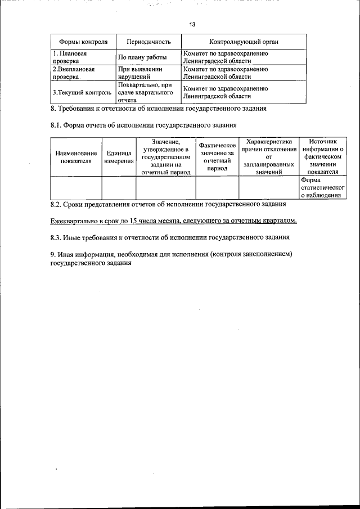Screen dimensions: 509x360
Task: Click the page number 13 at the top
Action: [192, 25]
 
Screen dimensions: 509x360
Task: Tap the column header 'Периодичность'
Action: [148, 42]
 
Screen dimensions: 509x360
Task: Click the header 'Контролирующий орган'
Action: [244, 42]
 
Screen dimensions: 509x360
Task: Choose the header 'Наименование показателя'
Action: [76, 156]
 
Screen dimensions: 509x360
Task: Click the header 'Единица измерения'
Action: [119, 156]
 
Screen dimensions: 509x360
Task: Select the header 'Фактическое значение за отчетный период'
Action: [217, 156]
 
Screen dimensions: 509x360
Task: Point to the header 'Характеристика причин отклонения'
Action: [268, 156]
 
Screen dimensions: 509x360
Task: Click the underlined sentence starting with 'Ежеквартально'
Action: [173, 220]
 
